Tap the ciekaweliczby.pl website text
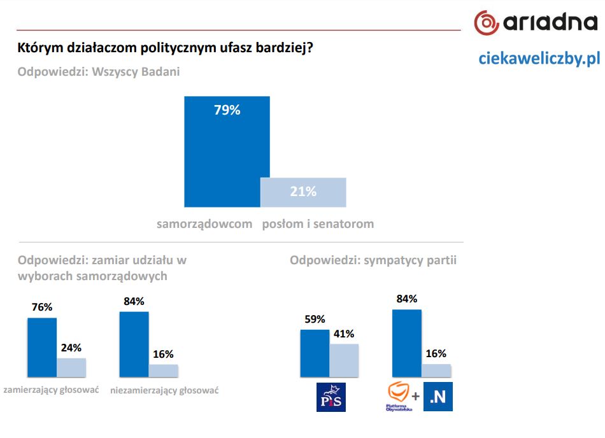pyautogui.click(x=539, y=59)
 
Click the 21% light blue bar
pyautogui.click(x=303, y=192)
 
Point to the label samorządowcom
pyautogui.click(x=204, y=224)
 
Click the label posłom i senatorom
pyautogui.click(x=318, y=224)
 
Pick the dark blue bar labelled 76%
pyautogui.click(x=42, y=347)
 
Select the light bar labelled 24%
pyautogui.click(x=71, y=367)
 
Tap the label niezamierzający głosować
pyautogui.click(x=164, y=390)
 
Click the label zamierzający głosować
pyautogui.click(x=52, y=390)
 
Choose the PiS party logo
pyautogui.click(x=331, y=397)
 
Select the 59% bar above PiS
pyautogui.click(x=315, y=353)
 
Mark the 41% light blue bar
pyautogui.click(x=344, y=360)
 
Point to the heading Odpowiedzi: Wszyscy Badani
pyautogui.click(x=99, y=72)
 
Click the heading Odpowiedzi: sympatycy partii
pyautogui.click(x=373, y=260)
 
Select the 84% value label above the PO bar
pyautogui.click(x=406, y=299)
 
